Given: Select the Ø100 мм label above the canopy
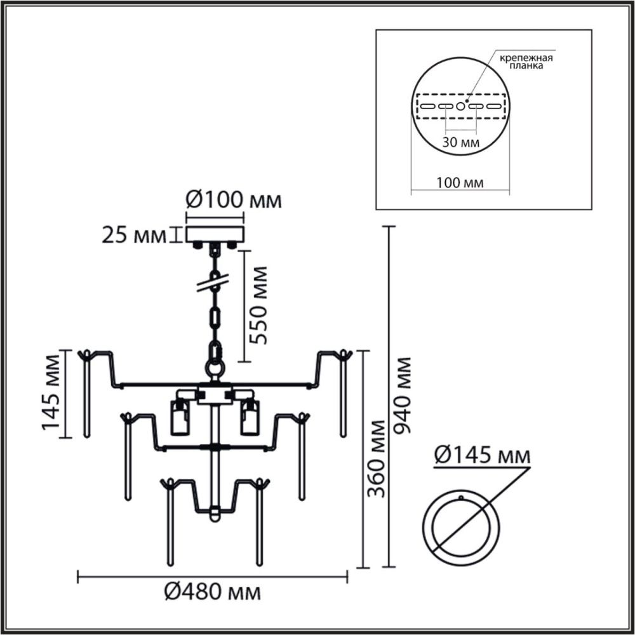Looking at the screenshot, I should (x=233, y=201).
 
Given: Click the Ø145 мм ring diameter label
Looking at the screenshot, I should (x=482, y=456).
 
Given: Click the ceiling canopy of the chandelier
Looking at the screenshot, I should (x=215, y=234).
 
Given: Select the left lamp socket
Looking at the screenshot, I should (x=180, y=416).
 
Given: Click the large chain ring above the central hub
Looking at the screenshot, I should (x=215, y=368).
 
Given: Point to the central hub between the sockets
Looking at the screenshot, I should (x=215, y=395).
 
